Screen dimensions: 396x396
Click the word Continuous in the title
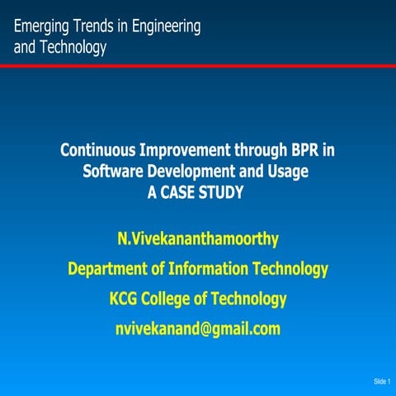point(101,151)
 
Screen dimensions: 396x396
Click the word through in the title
point(263,151)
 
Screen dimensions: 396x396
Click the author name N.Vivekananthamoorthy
point(198,240)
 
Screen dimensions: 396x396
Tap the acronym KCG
point(125,298)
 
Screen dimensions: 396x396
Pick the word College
point(172,298)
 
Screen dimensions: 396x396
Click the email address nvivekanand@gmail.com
point(198,328)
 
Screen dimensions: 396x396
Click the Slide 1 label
point(381,381)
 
